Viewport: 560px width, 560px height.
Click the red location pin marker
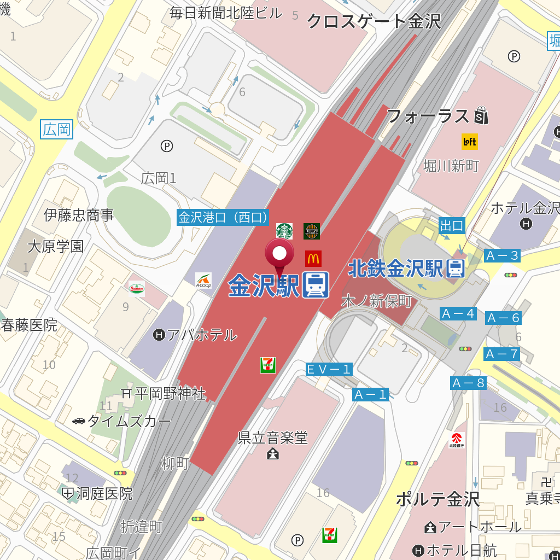tap(279, 254)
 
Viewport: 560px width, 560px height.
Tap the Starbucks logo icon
tap(284, 231)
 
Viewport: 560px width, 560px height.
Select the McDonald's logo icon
tap(313, 258)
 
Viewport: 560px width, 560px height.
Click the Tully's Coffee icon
tap(312, 231)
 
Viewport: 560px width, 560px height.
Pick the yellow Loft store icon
tap(470, 142)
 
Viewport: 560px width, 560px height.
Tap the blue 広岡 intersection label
tap(57, 130)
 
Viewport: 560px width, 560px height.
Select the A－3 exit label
tap(501, 255)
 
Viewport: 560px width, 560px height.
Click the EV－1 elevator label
tap(329, 370)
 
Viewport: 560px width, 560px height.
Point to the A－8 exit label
tap(469, 383)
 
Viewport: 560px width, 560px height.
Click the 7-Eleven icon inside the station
tap(268, 365)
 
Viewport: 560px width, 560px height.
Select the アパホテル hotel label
tap(196, 335)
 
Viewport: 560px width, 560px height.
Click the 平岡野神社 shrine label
tap(164, 393)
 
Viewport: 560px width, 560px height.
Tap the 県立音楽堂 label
tap(273, 438)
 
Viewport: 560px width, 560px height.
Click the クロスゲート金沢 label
tap(374, 21)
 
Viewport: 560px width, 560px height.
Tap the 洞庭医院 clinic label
tap(98, 494)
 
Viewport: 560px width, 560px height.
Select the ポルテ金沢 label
tap(437, 499)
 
